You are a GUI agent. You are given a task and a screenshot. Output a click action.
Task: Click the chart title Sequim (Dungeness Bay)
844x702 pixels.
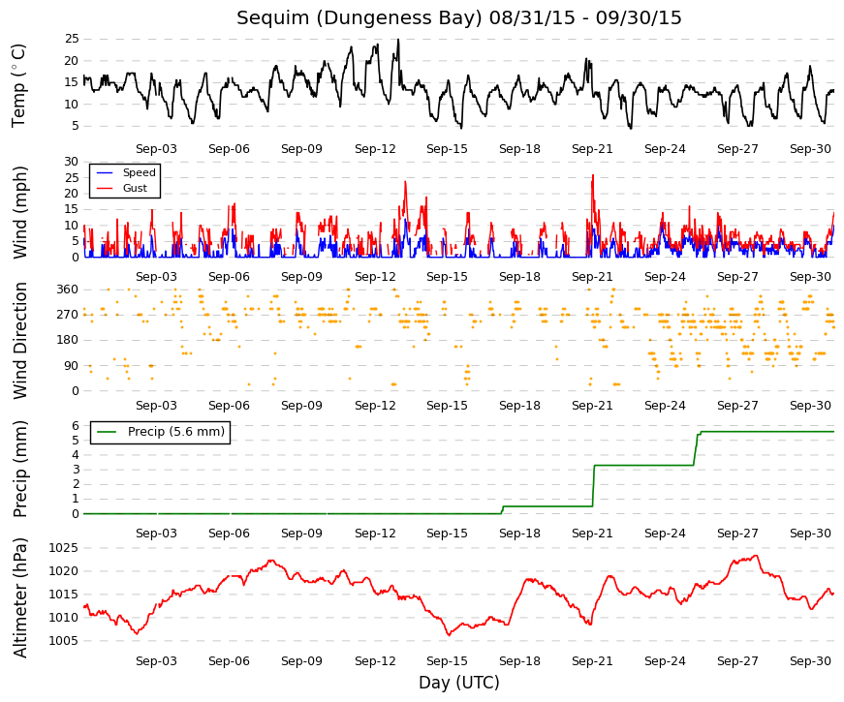(359, 17)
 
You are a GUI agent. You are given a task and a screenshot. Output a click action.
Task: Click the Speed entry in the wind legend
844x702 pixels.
(139, 172)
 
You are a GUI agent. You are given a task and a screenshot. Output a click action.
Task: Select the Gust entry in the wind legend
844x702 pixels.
(135, 188)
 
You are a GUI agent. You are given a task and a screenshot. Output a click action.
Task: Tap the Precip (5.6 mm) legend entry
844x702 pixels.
(176, 432)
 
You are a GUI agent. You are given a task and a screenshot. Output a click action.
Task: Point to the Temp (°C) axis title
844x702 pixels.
(18, 85)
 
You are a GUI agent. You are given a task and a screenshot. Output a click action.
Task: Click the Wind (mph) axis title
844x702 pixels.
(20, 212)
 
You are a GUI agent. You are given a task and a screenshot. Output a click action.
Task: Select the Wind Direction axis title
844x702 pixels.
(20, 341)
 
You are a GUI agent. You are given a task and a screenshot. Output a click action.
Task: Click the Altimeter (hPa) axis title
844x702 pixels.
(20, 597)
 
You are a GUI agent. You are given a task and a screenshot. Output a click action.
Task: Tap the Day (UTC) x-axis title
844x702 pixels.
(459, 683)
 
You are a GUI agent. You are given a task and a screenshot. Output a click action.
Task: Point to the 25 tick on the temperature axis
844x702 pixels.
(72, 39)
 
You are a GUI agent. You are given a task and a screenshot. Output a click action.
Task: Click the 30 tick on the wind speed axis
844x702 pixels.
(72, 162)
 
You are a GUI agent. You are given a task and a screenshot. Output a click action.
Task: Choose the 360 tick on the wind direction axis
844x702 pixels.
(68, 290)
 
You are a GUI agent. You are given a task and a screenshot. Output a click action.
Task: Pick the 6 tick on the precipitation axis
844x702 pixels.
(76, 425)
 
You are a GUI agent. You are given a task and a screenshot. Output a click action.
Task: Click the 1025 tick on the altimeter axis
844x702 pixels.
(64, 548)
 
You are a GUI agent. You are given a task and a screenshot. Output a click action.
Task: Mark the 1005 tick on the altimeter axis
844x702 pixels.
(64, 641)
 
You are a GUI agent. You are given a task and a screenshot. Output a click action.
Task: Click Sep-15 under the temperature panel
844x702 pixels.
(447, 149)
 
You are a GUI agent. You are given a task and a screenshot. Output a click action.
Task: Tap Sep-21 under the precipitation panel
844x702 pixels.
(592, 534)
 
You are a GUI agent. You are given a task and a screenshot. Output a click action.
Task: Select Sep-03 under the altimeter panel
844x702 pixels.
(156, 661)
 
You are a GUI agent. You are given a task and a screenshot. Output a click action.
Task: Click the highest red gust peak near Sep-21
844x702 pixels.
(593, 175)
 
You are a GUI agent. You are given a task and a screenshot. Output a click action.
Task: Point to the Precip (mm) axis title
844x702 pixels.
(20, 469)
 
